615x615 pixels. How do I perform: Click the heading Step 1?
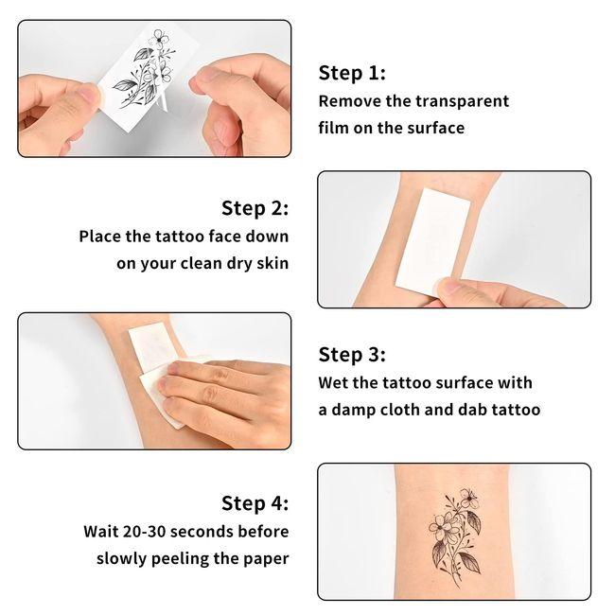352,74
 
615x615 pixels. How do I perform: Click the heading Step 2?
255,208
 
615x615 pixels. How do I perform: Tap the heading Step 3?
352,355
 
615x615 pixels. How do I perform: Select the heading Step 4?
255,502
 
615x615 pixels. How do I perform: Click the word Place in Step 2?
102,237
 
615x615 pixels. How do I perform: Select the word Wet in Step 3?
335,383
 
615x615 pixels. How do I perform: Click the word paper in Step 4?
266,558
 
